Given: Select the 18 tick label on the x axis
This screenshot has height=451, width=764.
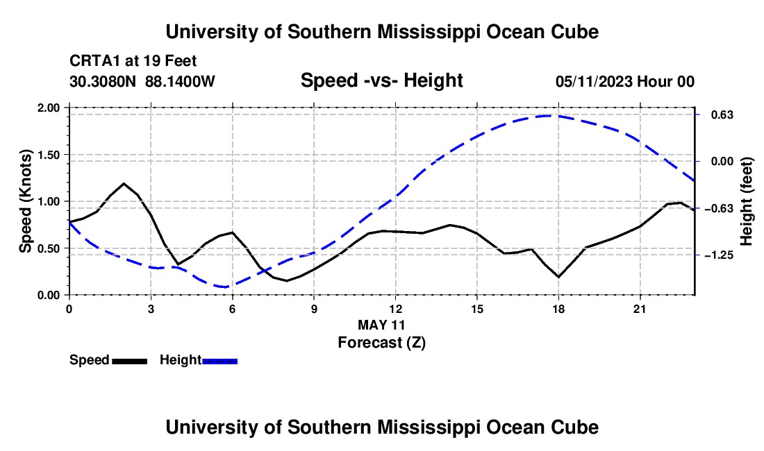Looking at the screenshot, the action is (x=558, y=309).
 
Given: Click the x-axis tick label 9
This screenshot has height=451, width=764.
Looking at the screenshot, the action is (x=314, y=309).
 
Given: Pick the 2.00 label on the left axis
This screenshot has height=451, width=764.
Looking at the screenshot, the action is (x=48, y=108).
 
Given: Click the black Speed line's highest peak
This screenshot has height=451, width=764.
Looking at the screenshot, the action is (x=124, y=183).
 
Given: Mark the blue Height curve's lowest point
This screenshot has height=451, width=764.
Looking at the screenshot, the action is (x=224, y=287).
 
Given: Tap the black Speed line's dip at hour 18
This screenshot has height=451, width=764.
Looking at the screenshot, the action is (x=558, y=277).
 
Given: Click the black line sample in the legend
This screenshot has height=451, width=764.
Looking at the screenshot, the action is (x=129, y=361).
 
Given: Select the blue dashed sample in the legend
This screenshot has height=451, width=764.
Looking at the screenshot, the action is (x=219, y=361).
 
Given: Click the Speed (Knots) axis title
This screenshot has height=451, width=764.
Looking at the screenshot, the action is (x=25, y=201).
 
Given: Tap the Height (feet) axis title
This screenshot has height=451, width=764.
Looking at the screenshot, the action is (x=747, y=201).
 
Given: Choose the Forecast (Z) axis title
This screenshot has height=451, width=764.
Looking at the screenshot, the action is (x=381, y=343).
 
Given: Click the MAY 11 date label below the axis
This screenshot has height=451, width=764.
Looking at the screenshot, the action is (x=381, y=325).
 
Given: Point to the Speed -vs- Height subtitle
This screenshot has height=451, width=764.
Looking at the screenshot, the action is (x=381, y=80).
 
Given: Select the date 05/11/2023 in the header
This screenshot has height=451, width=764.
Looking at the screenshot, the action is (x=595, y=81).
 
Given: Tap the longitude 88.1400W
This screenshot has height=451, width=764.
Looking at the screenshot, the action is (x=180, y=81).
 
